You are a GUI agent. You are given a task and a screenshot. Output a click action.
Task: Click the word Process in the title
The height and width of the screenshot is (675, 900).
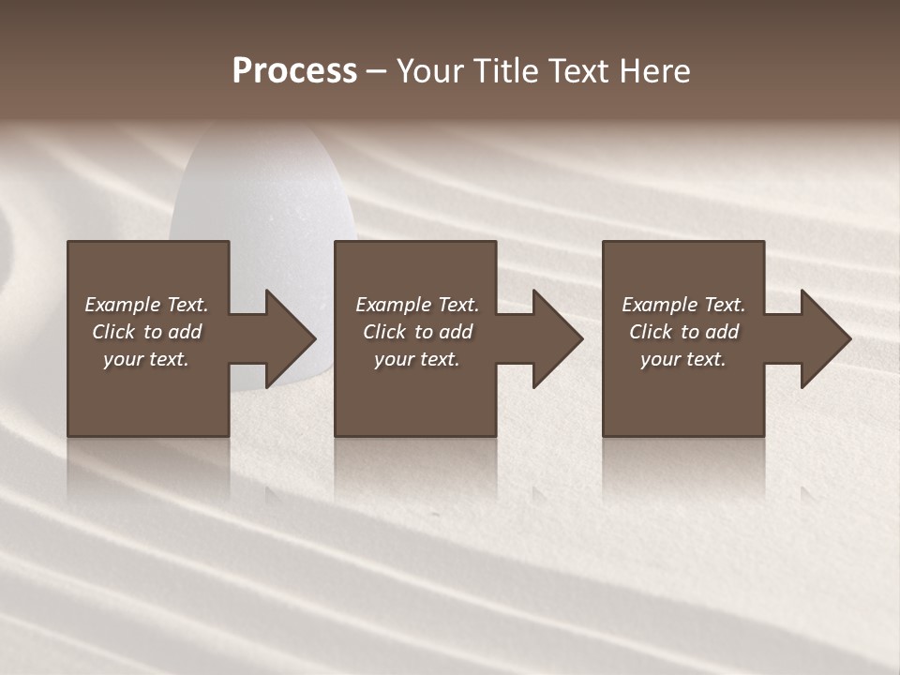tap(294, 71)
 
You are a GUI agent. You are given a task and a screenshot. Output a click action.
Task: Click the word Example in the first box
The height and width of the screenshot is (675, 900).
tap(123, 305)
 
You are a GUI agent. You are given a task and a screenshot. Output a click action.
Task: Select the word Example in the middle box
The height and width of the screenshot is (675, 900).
tap(394, 305)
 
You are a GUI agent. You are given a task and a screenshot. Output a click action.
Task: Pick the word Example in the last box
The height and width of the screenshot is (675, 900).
tap(660, 305)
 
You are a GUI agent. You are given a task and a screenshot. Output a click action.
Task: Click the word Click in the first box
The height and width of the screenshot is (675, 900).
tap(113, 332)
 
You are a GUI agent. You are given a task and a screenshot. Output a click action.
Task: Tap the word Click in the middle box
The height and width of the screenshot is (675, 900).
tap(384, 332)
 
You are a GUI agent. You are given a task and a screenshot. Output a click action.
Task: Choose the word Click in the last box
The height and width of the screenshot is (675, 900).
tap(651, 332)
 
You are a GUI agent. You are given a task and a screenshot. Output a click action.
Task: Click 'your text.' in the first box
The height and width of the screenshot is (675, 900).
tap(146, 359)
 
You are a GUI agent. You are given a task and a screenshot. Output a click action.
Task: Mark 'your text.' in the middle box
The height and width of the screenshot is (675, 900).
tap(417, 359)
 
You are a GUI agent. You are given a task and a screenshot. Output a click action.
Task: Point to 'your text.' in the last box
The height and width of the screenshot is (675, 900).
tap(683, 359)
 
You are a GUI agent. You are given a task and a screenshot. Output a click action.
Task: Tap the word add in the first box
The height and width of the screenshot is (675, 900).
tap(185, 332)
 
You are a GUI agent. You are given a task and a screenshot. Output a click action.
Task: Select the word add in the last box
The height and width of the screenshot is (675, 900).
tap(722, 332)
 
